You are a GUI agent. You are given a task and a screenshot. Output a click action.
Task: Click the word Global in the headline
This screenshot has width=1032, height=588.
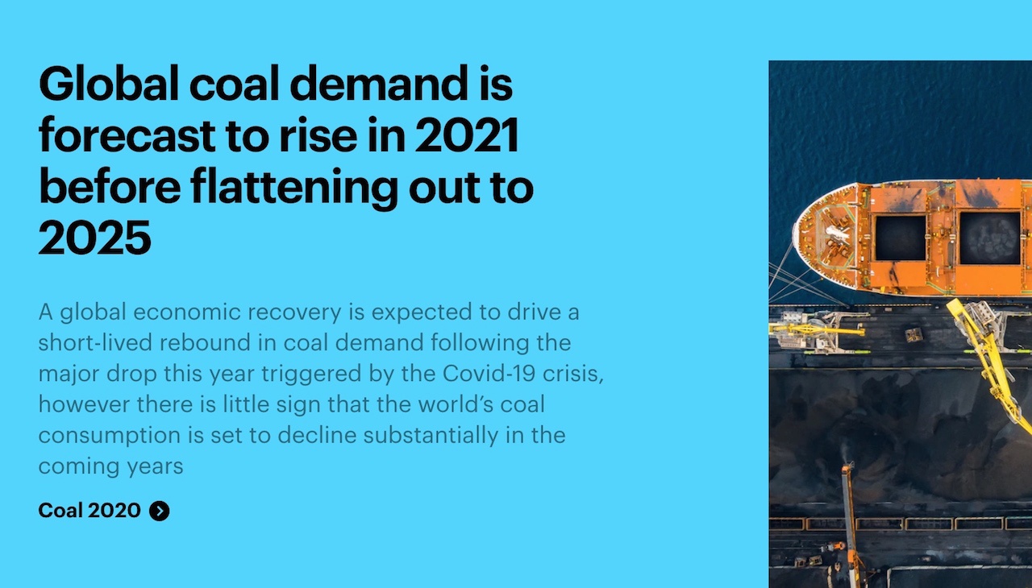point(109,83)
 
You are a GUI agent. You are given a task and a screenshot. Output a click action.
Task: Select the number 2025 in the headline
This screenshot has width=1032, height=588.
point(95,238)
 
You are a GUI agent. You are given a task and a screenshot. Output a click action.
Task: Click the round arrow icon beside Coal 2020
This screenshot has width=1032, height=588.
point(160,511)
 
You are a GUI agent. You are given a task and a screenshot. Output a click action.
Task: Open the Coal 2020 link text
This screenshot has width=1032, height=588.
point(89,510)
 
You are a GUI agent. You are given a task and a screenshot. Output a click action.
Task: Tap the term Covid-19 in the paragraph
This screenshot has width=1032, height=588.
point(489,373)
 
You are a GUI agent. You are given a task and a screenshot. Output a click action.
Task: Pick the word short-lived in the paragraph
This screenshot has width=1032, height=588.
point(95,343)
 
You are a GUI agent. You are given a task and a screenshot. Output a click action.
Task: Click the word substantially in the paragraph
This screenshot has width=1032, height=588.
point(431,436)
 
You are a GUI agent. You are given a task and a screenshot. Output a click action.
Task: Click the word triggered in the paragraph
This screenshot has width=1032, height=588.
point(311,374)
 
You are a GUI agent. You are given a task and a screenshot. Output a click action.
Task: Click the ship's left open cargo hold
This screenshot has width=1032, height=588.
point(901,238)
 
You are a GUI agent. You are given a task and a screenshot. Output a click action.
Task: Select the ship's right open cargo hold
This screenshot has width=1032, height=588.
point(989,238)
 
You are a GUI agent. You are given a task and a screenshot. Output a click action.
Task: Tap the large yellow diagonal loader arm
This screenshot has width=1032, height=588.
point(991,363)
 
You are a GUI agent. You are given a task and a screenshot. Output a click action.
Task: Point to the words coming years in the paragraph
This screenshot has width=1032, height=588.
point(110,466)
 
